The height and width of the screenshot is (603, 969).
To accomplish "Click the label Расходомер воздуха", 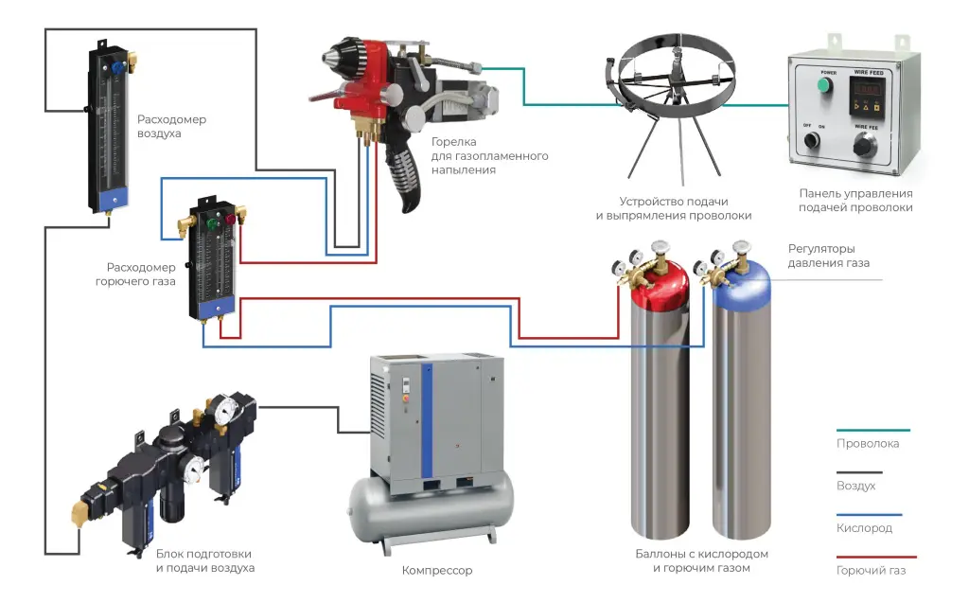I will (x=170, y=127).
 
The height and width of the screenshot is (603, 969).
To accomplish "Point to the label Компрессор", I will (x=436, y=571).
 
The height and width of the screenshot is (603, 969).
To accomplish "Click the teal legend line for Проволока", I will (x=872, y=431).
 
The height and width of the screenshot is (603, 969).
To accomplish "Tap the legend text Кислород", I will (x=864, y=528).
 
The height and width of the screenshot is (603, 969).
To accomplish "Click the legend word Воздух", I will (x=855, y=486).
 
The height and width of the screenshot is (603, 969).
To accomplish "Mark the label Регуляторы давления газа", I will (x=828, y=256).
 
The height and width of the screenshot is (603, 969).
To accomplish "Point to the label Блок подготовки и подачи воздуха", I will (x=204, y=560).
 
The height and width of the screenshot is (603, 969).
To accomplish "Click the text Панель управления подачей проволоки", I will (x=855, y=201).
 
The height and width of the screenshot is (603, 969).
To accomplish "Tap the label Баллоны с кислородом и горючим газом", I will (x=701, y=560).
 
